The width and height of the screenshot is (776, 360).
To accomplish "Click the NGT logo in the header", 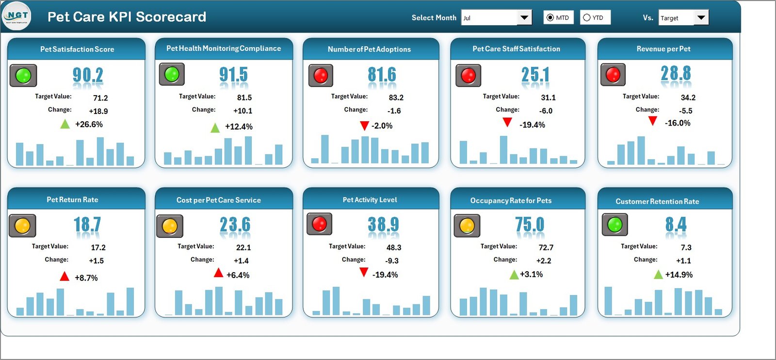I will coord(17,16).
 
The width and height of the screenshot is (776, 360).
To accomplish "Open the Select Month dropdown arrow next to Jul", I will coord(524,18).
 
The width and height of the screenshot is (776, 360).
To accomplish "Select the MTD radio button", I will coord(550,18).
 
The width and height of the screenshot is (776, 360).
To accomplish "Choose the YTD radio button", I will coord(587,18).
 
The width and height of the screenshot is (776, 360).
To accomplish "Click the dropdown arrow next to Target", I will coord(701,18).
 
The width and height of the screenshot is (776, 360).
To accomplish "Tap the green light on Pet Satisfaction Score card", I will coord(23,76).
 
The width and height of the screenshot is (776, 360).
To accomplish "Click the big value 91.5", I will coord(233,75).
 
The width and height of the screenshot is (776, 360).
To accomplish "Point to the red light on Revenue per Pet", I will coord(613,75).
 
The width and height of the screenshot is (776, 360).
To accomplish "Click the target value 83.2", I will coord(396,98).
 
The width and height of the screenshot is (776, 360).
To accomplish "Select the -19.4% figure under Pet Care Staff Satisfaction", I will coord(532,125).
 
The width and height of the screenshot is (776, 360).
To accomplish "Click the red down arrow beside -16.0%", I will coord(653,121).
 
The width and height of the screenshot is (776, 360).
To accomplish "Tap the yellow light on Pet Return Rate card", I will coord(22,226).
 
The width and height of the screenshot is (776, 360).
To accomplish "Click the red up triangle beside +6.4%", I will coord(219,273).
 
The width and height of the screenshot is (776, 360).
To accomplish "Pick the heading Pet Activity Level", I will coord(370,200).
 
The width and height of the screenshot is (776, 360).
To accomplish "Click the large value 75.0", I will coord(530,225).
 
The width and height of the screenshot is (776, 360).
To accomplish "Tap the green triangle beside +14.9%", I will coord(658,275).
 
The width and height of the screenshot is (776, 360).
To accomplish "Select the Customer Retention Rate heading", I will coord(657,201).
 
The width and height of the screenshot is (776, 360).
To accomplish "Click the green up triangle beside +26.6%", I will coord(65,124).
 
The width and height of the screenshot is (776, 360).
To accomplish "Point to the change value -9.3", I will coord(392,261).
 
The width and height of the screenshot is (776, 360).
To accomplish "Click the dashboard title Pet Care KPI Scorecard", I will coord(127,17).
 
